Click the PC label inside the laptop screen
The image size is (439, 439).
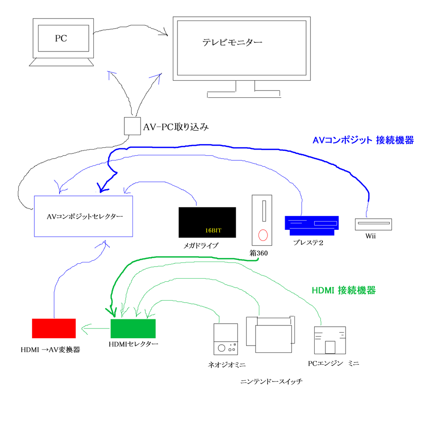(x=61, y=39)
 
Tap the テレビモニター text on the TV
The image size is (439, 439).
(x=232, y=42)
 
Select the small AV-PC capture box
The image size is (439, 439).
(x=132, y=126)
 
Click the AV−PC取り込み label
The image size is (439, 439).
(x=176, y=127)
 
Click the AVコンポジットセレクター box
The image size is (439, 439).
(x=83, y=216)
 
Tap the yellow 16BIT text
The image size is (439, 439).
(x=213, y=230)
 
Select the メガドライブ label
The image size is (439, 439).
(x=201, y=246)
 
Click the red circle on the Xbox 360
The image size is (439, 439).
(x=263, y=235)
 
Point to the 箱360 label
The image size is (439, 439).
(x=259, y=253)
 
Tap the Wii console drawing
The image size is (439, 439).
(x=373, y=224)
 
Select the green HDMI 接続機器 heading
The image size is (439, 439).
(x=343, y=290)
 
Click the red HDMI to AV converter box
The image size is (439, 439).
(x=54, y=328)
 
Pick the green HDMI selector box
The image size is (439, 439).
(x=133, y=329)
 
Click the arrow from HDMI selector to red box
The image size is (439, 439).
(x=94, y=329)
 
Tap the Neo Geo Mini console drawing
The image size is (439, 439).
(x=226, y=339)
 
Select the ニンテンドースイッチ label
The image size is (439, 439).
(x=271, y=381)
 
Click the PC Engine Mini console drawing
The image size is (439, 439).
(x=330, y=340)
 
